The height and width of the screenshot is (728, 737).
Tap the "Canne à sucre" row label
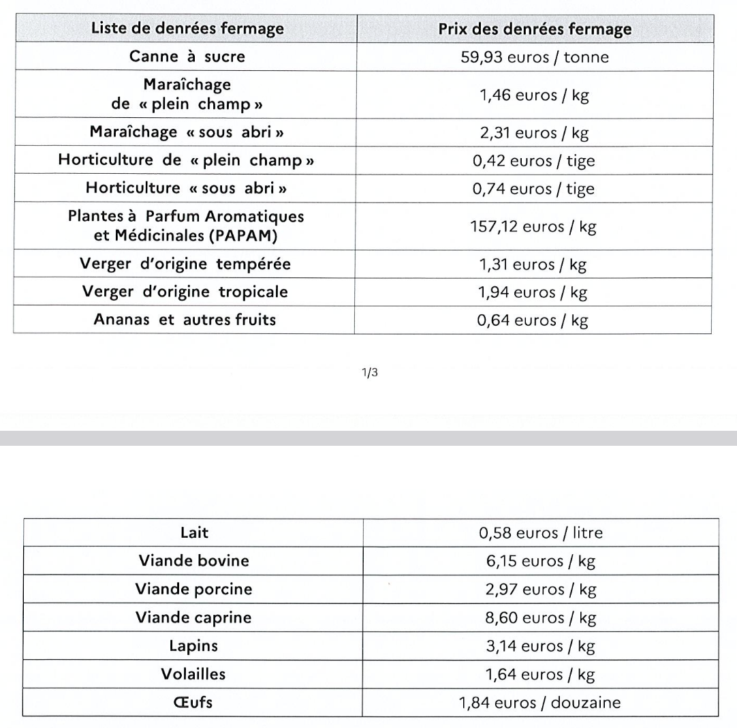tap(187, 57)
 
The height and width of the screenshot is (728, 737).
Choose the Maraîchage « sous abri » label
tap(187, 133)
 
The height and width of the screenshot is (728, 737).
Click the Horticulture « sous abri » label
tap(187, 188)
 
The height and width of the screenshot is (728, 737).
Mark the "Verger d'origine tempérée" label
tap(187, 264)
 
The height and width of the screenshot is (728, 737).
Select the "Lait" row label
tap(193, 533)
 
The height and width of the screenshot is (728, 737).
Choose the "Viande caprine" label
tap(193, 618)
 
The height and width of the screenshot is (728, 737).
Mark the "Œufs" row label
tap(193, 702)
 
